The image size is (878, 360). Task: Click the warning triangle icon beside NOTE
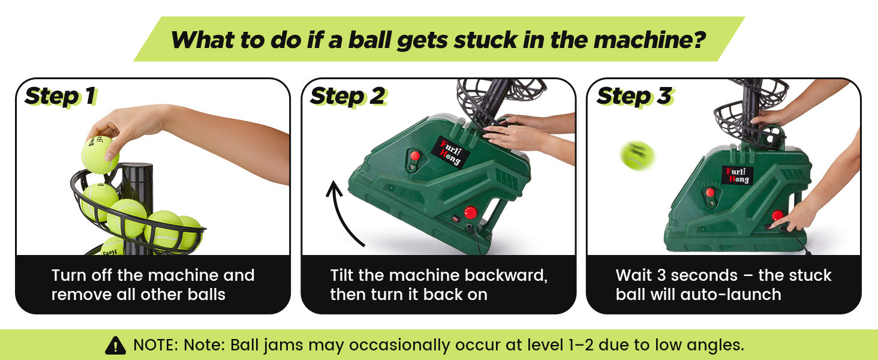point(116,346)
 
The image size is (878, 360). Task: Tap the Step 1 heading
point(61,96)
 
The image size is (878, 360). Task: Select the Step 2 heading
point(348,96)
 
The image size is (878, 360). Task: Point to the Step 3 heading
point(635,96)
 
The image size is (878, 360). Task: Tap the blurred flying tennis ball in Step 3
point(638,155)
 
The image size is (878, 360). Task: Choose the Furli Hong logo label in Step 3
point(738,175)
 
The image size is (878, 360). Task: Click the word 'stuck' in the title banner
point(485,40)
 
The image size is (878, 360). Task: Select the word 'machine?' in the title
point(650,40)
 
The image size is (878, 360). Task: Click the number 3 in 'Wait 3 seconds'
point(661,275)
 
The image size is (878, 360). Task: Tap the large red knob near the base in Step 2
point(471,213)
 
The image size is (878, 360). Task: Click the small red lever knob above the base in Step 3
point(710,193)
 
